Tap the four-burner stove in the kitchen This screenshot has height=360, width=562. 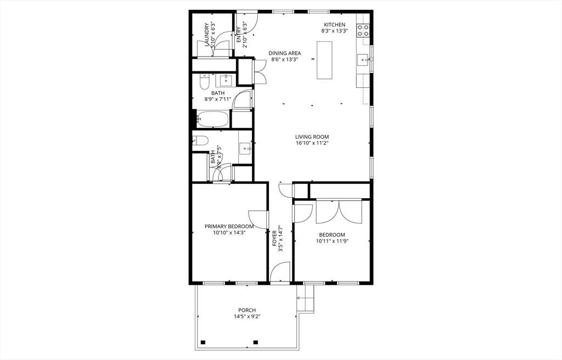[363, 30]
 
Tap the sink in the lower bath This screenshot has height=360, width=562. [245, 147]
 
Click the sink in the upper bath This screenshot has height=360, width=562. [226, 81]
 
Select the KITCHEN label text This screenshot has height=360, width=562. [334, 25]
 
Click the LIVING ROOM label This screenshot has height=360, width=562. [312, 137]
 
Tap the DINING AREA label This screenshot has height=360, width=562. [284, 53]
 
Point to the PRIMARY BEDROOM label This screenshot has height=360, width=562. [229, 226]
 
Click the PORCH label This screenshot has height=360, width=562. [246, 310]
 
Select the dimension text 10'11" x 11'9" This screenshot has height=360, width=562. [332, 240]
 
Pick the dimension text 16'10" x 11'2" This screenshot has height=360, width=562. [312, 144]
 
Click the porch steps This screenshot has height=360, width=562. [306, 303]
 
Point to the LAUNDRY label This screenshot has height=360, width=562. [207, 35]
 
